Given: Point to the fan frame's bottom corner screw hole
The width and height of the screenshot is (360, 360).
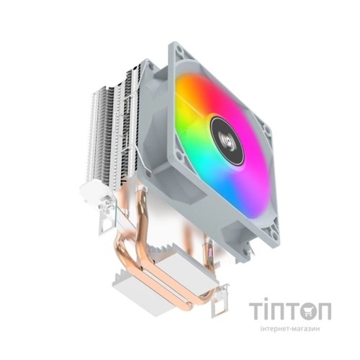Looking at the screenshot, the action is point(274,235).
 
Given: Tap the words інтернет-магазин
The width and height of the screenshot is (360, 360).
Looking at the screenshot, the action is point(289,329).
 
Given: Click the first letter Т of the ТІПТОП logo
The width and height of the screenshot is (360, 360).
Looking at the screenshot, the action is point(257,311).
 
